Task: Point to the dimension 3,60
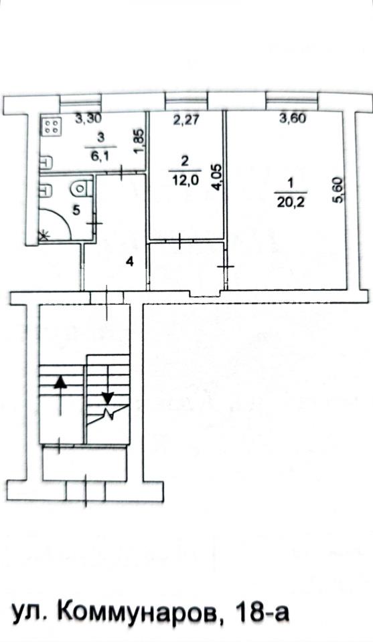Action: [x=293, y=119]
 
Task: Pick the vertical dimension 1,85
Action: [x=139, y=142]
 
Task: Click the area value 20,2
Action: [x=291, y=202]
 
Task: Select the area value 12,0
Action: [x=184, y=181]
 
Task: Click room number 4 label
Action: [x=129, y=262]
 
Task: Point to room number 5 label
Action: [x=76, y=210]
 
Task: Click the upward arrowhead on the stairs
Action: [x=61, y=382]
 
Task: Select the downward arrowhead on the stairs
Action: [x=108, y=397]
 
